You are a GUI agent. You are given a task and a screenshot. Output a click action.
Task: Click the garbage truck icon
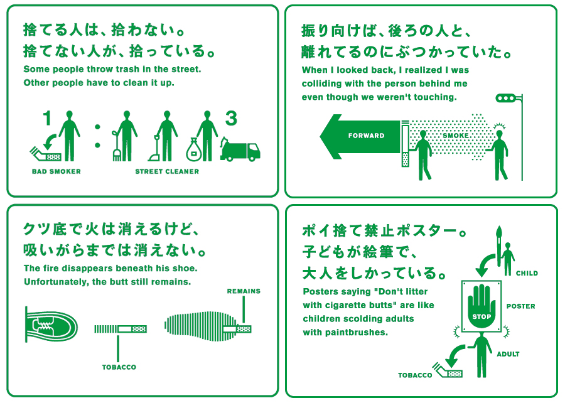[x=240, y=149]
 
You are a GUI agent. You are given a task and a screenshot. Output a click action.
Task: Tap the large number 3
[x=231, y=118]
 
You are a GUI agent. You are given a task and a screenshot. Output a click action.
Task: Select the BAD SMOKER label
[x=56, y=171]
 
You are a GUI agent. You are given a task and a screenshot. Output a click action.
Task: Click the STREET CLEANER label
[x=167, y=171]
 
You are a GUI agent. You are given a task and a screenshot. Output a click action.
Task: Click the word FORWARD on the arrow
[x=366, y=136]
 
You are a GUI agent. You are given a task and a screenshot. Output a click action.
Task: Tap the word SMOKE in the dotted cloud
[x=456, y=136]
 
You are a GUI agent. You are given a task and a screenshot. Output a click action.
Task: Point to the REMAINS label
[x=244, y=291]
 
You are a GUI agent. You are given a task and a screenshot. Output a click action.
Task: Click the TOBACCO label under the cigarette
[x=119, y=367]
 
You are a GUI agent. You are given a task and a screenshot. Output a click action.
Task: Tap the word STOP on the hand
[x=482, y=316]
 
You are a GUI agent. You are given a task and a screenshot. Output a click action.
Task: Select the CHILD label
[x=527, y=273]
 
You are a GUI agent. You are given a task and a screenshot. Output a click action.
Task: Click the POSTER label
[x=520, y=306]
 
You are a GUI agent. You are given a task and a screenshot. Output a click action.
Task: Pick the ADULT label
[x=508, y=354]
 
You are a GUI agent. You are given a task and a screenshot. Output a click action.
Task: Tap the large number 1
[x=47, y=118]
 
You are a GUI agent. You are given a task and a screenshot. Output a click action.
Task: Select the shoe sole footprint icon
[x=202, y=326]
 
